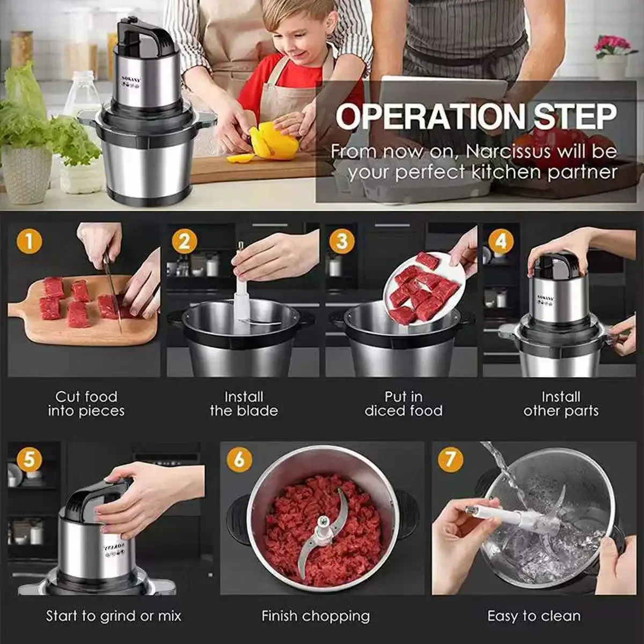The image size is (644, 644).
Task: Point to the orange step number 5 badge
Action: (x=30, y=459)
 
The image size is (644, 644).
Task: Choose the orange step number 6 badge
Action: (x=239, y=459)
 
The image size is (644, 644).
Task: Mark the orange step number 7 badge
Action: (x=451, y=459)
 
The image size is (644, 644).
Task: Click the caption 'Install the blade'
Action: (x=244, y=404)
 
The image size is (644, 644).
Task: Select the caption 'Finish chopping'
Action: (x=316, y=616)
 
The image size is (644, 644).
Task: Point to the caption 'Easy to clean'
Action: (x=533, y=616)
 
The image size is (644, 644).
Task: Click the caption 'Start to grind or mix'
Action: (x=114, y=616)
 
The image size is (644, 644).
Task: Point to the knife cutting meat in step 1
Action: (x=113, y=288)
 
